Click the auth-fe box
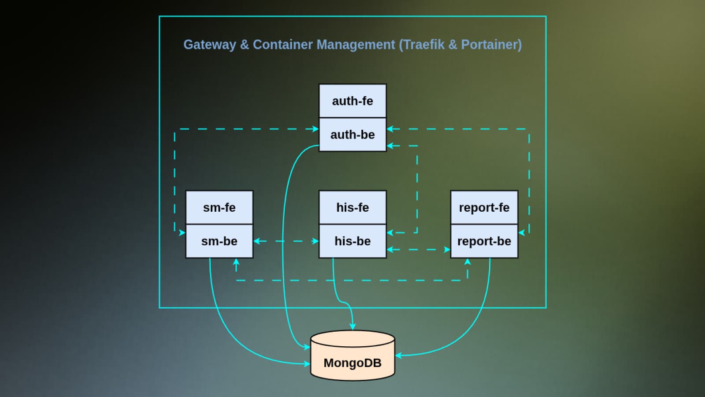point(352,101)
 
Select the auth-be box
point(352,135)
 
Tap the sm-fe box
point(219,207)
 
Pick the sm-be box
point(219,241)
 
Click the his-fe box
point(352,207)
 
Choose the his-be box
point(352,241)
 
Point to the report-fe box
point(484,207)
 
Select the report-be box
point(484,241)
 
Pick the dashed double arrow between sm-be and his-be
point(286,241)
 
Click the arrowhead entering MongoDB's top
point(352,326)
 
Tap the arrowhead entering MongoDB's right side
point(398,355)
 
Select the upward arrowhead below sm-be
point(236,262)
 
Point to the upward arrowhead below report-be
point(468,262)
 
